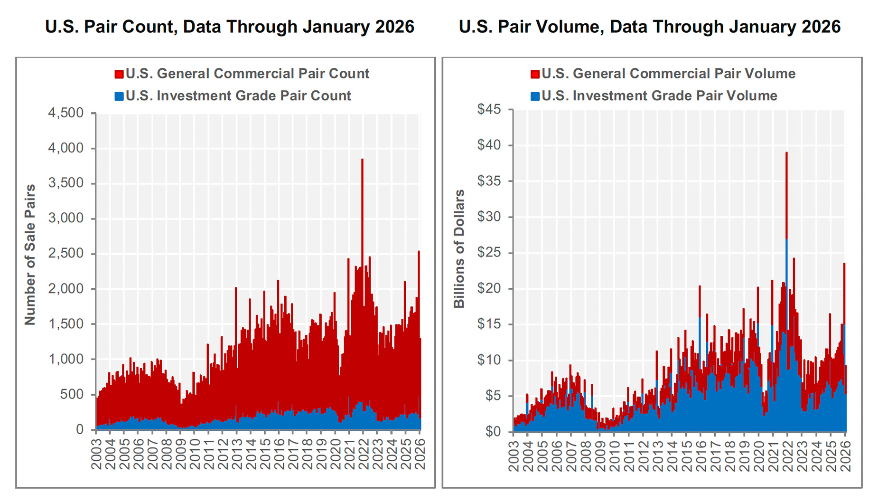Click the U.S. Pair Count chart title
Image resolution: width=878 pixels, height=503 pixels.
pos(230,27)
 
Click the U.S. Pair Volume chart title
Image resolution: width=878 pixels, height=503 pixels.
pos(649,27)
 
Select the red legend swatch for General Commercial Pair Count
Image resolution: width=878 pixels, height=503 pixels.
pos(119,74)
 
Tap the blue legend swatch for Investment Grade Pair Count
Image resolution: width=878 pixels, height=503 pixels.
pos(119,96)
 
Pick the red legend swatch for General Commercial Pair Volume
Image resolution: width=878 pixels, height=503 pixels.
pos(535,74)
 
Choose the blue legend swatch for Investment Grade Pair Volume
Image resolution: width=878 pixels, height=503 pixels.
pos(535,96)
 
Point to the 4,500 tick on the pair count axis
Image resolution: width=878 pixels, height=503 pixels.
pos(65,113)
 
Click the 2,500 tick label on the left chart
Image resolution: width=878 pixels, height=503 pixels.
pos(65,254)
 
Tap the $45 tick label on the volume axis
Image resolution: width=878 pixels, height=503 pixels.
pos(489,110)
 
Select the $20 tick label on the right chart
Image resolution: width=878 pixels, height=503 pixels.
pos(489,289)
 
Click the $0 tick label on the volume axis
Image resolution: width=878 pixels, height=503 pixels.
pos(492,432)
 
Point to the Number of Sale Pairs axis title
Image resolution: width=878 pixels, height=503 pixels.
pos(30,255)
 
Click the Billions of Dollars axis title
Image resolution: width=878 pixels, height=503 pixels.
pos(459,249)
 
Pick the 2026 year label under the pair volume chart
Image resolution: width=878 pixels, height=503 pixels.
pos(845,456)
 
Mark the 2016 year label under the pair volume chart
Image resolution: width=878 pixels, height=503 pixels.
pos(701,456)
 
